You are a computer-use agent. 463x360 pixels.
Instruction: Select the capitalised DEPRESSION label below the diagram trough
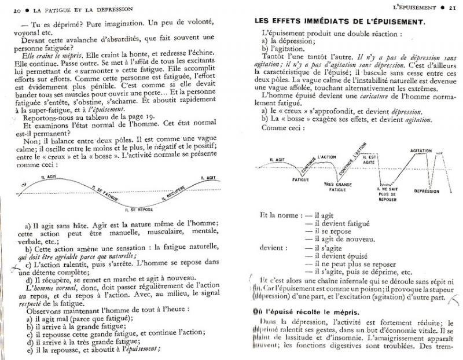pyautogui.click(x=421, y=190)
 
